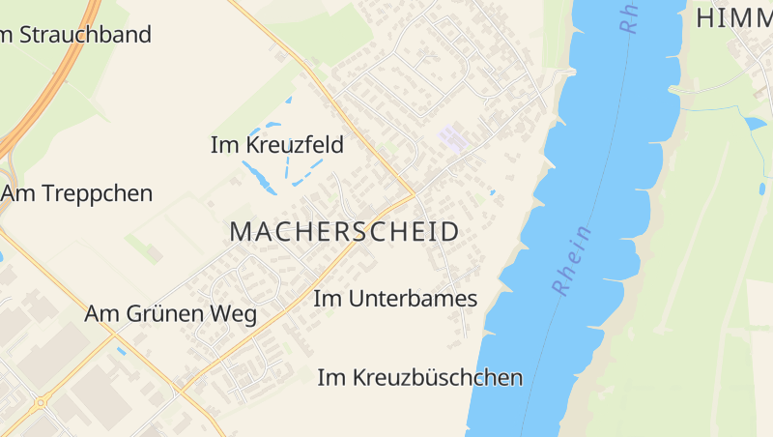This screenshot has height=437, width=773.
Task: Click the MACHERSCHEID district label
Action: pyautogui.click(x=344, y=232)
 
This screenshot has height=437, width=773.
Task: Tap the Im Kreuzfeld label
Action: pyautogui.click(x=277, y=145)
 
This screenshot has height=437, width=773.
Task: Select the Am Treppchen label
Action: pyautogui.click(x=77, y=193)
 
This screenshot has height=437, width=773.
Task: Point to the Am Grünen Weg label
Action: pyautogui.click(x=170, y=314)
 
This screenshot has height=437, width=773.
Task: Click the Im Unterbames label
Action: pyautogui.click(x=395, y=299)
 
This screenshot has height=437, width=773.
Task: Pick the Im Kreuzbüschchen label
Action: pyautogui.click(x=420, y=378)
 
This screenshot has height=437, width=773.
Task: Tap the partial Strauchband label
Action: pyautogui.click(x=76, y=35)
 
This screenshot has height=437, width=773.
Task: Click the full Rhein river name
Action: pyautogui.click(x=572, y=260)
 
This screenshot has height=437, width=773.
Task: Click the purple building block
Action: pyautogui.click(x=452, y=138)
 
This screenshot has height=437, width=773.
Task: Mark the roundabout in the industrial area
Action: pyautogui.click(x=41, y=402)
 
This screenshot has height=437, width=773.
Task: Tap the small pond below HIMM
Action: pyautogui.click(x=755, y=124)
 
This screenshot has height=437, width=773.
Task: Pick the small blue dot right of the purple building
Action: pyautogui.click(x=492, y=192)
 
